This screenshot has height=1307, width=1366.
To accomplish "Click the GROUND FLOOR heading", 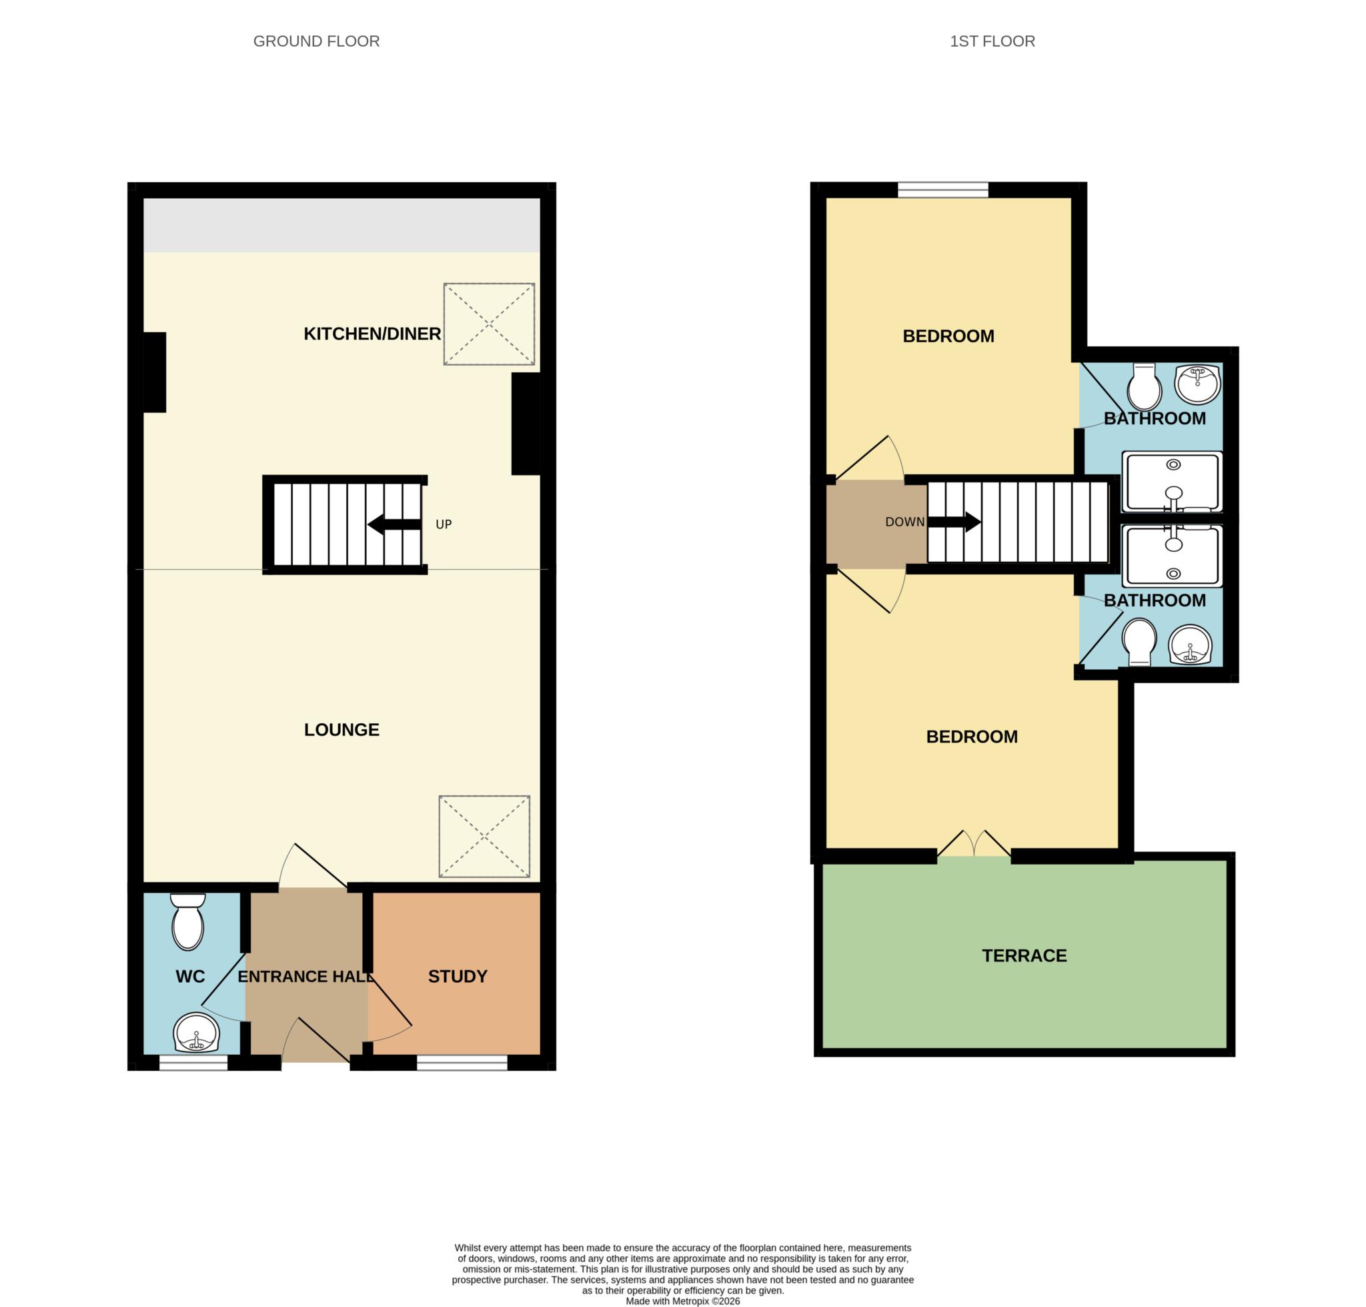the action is point(316,41).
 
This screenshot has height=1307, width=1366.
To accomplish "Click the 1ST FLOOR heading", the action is point(992,41).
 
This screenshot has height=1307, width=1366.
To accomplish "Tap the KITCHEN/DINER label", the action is point(372,334).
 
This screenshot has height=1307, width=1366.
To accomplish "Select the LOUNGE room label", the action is point(341,729).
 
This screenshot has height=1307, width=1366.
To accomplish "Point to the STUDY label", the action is point(457,976).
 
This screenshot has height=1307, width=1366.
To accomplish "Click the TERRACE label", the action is point(1024,955).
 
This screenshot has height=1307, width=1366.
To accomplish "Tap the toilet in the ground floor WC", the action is point(188,922).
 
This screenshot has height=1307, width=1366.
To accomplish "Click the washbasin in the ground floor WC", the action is point(195,1033).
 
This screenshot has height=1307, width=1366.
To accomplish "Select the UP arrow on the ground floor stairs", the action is point(394,524).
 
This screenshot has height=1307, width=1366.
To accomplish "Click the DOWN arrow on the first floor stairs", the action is point(954,522).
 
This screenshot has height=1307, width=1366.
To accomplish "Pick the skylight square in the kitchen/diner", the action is point(489,324).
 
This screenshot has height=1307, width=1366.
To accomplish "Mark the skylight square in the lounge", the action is point(484,836).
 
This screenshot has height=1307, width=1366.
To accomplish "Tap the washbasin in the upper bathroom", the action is point(1197,384).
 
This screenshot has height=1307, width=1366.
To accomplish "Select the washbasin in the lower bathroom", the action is point(1191,644).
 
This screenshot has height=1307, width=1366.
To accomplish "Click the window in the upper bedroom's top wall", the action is point(942,189).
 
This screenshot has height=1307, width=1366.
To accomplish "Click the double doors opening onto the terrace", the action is point(974,844).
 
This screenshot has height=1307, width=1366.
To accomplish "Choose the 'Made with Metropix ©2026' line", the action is point(682,1301).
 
